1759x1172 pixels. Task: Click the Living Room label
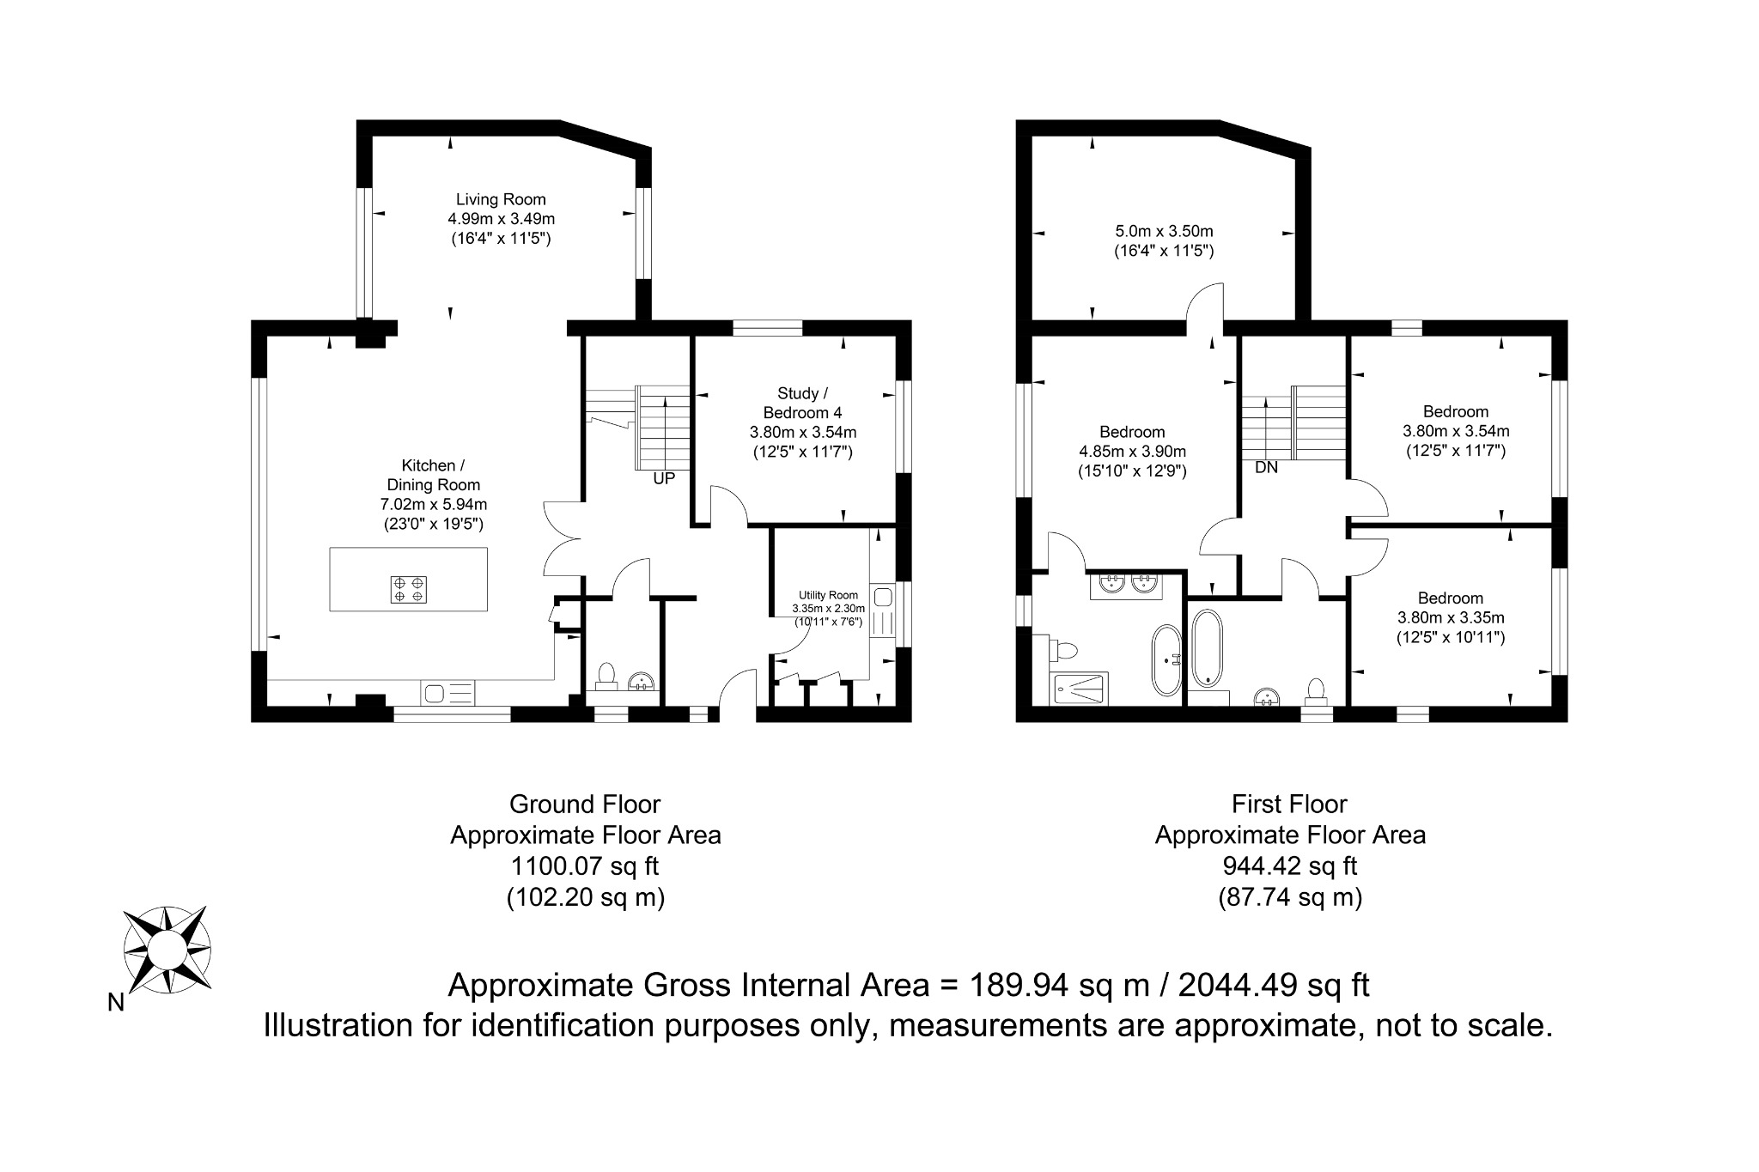(x=501, y=199)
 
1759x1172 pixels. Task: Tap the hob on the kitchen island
(x=408, y=589)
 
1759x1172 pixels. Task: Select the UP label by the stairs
(x=664, y=479)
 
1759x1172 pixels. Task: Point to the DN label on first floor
(x=1267, y=468)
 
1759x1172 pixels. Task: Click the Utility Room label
(x=828, y=595)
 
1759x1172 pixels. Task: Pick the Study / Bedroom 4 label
(x=803, y=403)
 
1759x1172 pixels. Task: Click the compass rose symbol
(x=167, y=950)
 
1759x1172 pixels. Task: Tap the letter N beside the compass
(x=116, y=1002)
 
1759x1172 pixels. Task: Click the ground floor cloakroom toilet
(x=606, y=677)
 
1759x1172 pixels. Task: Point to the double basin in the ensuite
(x=1126, y=584)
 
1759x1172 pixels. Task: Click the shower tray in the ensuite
(x=1078, y=689)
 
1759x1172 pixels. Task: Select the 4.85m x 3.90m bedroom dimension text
(x=1132, y=452)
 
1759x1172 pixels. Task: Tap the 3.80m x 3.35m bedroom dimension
(x=1451, y=617)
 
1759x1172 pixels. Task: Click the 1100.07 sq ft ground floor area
(x=586, y=865)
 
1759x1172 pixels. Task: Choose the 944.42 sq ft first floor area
(x=1290, y=865)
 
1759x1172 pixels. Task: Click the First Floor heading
(x=1290, y=804)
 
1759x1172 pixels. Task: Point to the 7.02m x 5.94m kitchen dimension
(x=434, y=504)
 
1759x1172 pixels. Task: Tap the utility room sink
(x=882, y=596)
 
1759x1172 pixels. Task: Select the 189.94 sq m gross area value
(x=1059, y=985)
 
